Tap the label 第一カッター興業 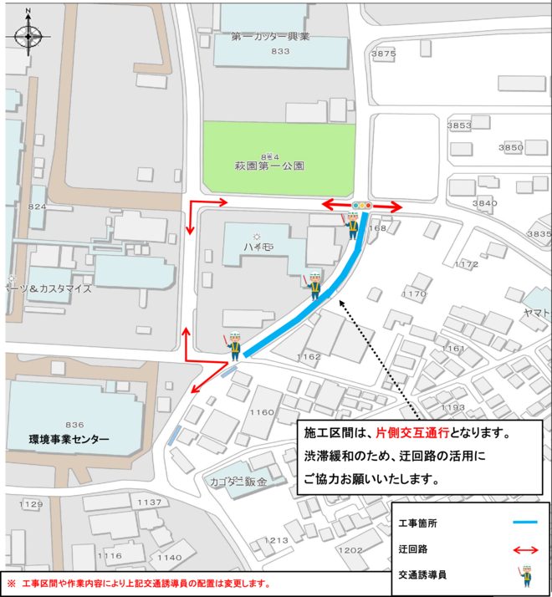[271, 37]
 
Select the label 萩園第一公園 [269, 166]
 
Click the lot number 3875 [383, 54]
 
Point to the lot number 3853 [460, 125]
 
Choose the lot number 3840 [484, 203]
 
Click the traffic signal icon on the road [363, 205]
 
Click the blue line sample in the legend [524, 522]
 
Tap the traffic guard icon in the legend [525, 575]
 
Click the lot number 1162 [309, 357]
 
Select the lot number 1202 [351, 549]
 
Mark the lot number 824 [37, 207]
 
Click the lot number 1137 [149, 503]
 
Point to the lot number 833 [280, 51]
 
